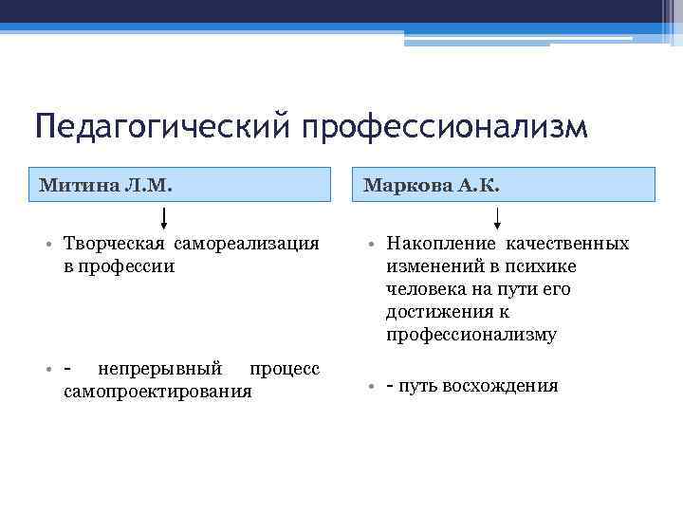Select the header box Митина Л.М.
click(180, 184)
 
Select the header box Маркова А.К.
click(509, 184)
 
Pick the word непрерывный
click(160, 368)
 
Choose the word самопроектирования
click(157, 390)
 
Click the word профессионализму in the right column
click(471, 335)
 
